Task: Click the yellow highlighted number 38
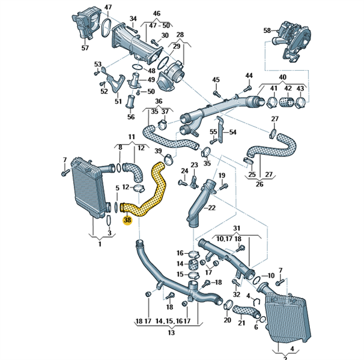[x=127, y=220]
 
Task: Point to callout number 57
[x=85, y=47]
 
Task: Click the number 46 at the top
[x=157, y=13]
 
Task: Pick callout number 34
[x=133, y=19]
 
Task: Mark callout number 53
[x=97, y=63]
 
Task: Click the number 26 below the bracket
[x=259, y=184]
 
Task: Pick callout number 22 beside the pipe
[x=211, y=208]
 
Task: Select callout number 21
[x=241, y=323]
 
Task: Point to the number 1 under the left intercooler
[x=100, y=244]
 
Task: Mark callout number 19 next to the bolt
[x=222, y=175]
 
